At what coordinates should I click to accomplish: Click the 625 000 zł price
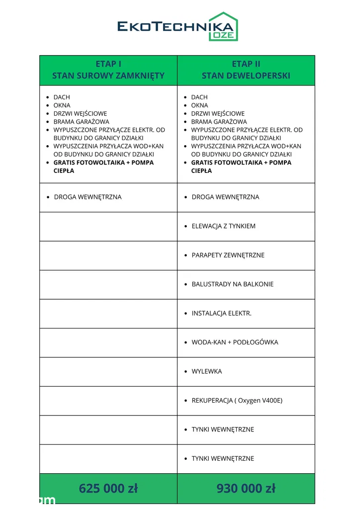[x=108, y=488]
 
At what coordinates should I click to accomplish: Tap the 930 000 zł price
[x=246, y=488]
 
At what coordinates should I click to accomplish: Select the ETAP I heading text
[x=108, y=64]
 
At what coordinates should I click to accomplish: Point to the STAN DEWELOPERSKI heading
[x=246, y=76]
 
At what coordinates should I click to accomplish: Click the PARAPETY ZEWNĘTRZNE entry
[x=228, y=255]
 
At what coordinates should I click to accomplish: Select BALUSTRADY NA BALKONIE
[x=232, y=284]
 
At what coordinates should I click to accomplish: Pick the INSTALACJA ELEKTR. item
[x=221, y=313]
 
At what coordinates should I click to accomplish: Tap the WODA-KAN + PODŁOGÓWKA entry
[x=235, y=342]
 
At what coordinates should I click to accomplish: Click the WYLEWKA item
[x=206, y=371]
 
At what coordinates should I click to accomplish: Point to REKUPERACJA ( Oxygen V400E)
[x=237, y=400]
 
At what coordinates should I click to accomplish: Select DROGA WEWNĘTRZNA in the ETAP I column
[x=88, y=197]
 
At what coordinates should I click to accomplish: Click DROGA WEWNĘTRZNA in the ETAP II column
[x=225, y=197]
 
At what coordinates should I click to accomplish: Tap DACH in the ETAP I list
[x=62, y=97]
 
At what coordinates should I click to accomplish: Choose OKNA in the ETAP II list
[x=199, y=105]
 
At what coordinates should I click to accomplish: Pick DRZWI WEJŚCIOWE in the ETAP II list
[x=218, y=113]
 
